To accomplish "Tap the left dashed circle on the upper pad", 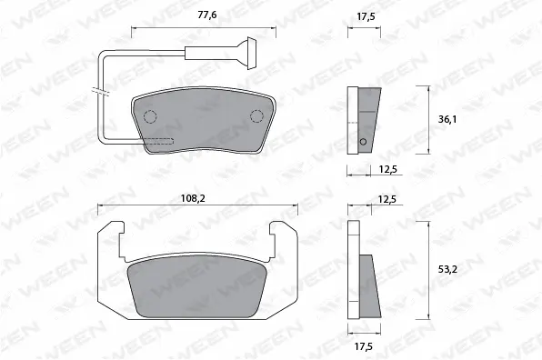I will pyautogui.click(x=149, y=115).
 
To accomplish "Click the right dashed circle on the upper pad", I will pyautogui.click(x=256, y=115).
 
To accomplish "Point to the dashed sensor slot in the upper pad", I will pyautogui.click(x=160, y=141).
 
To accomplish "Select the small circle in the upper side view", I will pyautogui.click(x=362, y=142).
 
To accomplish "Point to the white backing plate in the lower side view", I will pyautogui.click(x=354, y=273).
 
